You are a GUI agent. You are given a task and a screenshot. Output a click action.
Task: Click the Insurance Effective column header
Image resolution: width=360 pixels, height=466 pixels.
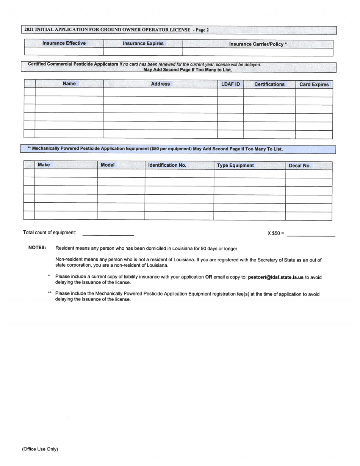click(x=64, y=43)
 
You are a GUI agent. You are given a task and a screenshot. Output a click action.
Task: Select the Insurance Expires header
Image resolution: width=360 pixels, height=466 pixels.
click(x=143, y=44)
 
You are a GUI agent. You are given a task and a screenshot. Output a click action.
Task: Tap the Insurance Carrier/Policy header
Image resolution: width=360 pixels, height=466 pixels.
click(x=258, y=44)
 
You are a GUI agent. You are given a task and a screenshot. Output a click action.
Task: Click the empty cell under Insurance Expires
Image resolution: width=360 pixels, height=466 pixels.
click(x=143, y=52)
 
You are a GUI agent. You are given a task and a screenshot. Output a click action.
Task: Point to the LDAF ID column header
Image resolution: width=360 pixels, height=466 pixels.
click(x=230, y=84)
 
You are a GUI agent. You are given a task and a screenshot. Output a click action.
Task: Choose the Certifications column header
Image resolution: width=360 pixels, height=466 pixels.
click(x=269, y=84)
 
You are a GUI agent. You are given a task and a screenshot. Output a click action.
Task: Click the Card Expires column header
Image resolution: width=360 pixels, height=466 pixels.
click(x=314, y=84)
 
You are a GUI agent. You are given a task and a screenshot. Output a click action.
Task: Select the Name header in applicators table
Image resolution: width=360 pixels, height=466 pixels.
click(x=69, y=84)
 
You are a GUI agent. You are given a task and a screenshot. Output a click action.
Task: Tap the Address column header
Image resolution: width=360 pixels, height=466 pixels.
click(x=160, y=84)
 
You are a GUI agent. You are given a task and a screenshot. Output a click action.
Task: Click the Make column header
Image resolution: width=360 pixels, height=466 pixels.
click(x=44, y=165)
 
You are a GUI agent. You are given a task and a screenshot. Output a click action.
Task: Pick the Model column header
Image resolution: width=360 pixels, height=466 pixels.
click(x=108, y=165)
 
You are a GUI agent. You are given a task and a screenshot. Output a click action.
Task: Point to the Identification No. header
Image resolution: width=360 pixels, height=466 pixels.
click(x=167, y=165)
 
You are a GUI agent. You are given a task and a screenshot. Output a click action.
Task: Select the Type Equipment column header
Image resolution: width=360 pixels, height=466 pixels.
click(x=235, y=166)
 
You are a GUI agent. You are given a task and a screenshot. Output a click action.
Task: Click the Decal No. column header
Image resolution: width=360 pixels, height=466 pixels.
click(x=299, y=166)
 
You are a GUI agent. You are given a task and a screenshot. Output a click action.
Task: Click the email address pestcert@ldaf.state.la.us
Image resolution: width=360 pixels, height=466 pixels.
click(x=275, y=277)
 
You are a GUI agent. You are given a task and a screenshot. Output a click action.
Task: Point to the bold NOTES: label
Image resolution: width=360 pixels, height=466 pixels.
click(x=38, y=248)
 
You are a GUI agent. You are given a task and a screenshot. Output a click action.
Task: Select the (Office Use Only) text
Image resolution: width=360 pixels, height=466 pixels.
click(x=40, y=449)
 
